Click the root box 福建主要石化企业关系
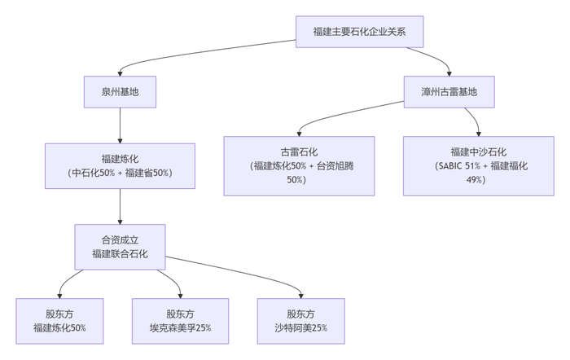(359, 32)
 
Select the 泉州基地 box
(120, 92)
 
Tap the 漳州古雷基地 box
(449, 92)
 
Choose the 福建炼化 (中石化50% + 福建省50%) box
(120, 166)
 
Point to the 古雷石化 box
(299, 165)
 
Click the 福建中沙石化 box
(478, 165)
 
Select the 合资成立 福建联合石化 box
(120, 247)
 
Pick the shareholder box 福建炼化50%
(59, 320)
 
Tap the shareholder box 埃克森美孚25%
(180, 320)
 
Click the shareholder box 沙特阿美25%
(300, 320)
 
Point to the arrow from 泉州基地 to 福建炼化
(120, 126)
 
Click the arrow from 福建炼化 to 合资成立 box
(120, 207)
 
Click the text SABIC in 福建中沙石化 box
(453, 165)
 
